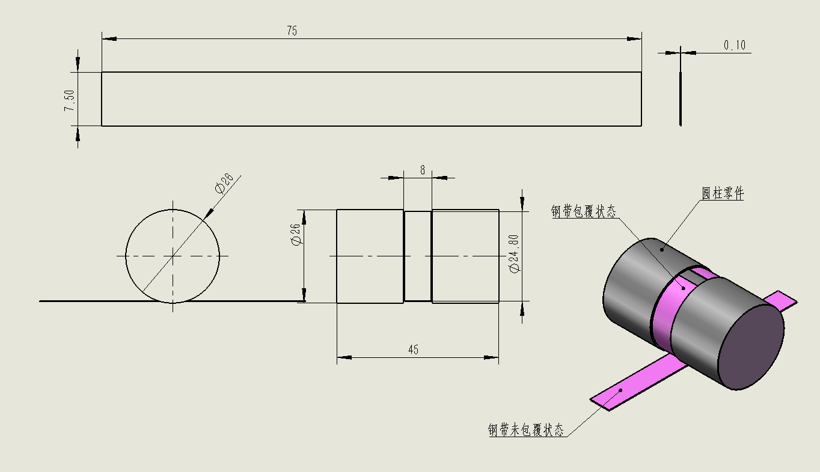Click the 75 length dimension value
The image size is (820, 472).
click(x=292, y=31)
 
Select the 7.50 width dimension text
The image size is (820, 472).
click(x=70, y=100)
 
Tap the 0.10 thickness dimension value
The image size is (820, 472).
click(x=735, y=45)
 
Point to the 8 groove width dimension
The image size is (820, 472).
click(x=423, y=170)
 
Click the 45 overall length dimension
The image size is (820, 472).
click(x=413, y=349)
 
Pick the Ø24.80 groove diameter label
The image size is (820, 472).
click(x=515, y=254)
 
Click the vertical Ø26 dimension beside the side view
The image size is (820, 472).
click(x=295, y=234)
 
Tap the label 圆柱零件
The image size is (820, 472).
click(x=722, y=193)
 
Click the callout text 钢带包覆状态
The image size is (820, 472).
click(x=584, y=211)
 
